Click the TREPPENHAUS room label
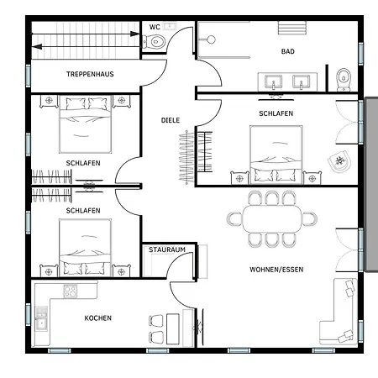coord(90,74)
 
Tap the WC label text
coord(155,27)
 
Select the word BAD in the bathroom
coord(288,51)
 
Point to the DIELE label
coord(171,120)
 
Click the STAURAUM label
coord(167,249)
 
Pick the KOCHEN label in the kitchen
coord(98,318)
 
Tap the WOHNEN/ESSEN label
coord(276,270)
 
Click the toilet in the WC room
coord(154,42)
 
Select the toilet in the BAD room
coord(344,80)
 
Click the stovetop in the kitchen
coord(71,291)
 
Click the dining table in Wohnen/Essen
coord(272,218)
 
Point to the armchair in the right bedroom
coord(339,161)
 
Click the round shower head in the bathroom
coord(211,39)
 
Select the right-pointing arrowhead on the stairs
coord(134,34)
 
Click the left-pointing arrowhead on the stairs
coord(37,46)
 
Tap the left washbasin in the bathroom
coord(274,82)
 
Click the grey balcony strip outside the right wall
coord(372,184)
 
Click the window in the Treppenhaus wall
coord(29,75)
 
